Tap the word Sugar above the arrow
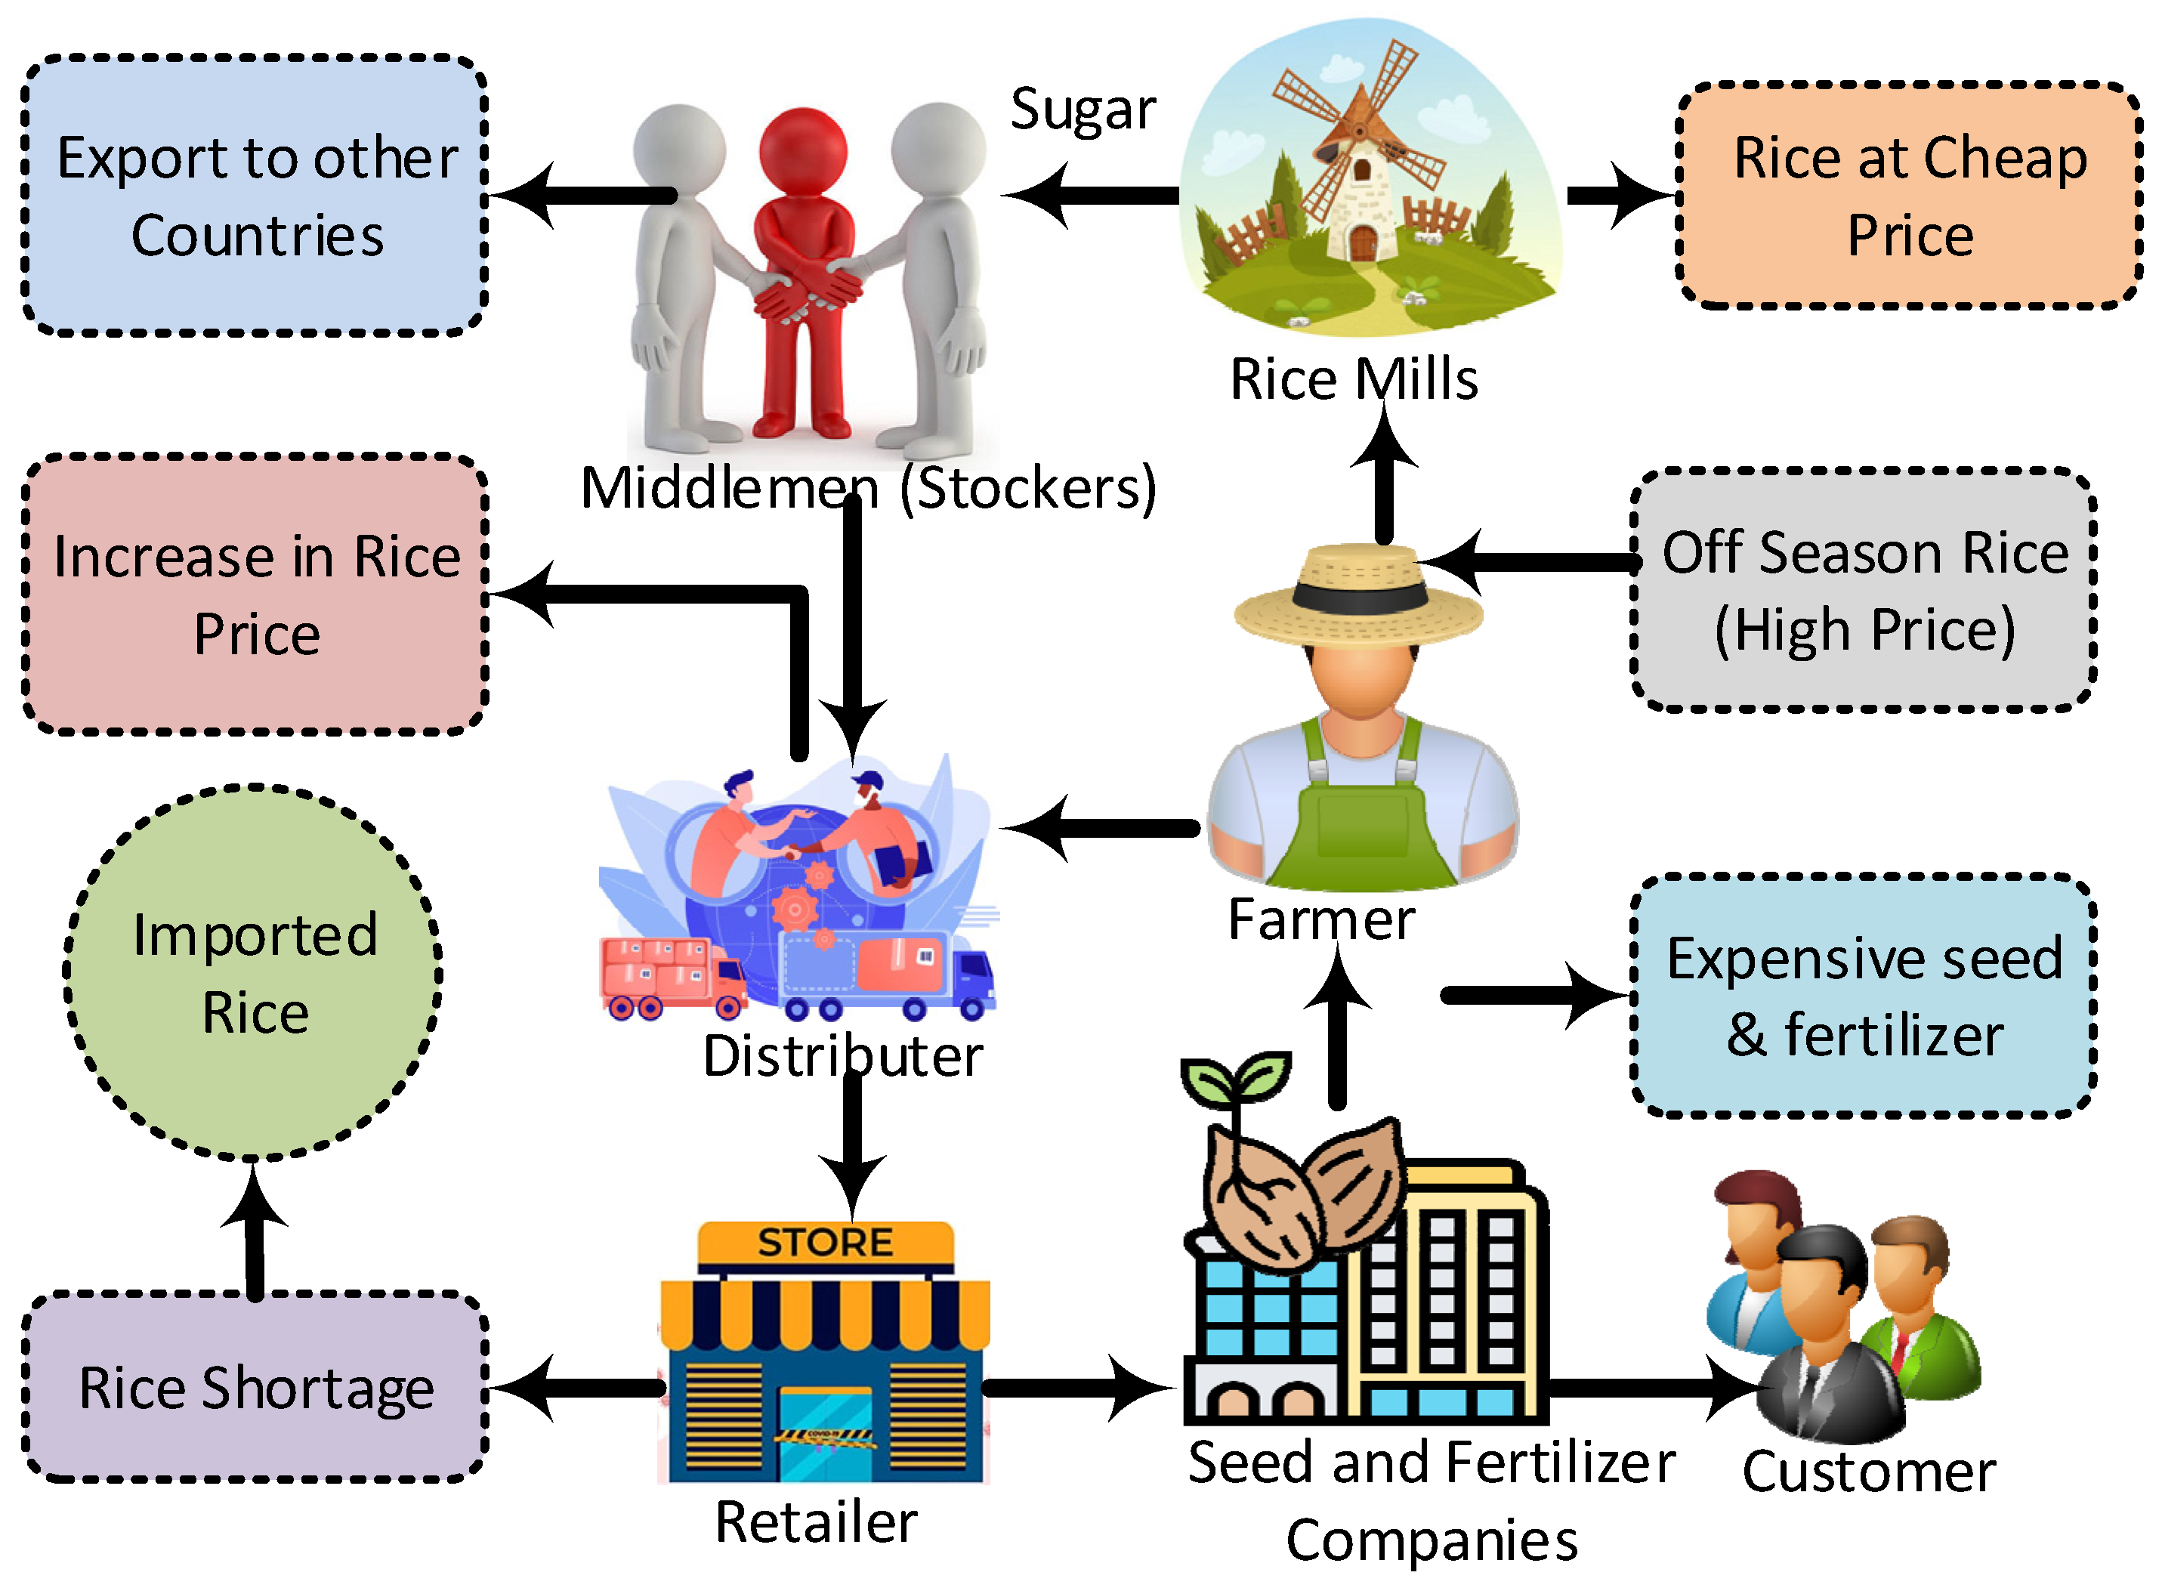(1083, 108)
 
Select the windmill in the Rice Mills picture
(1361, 164)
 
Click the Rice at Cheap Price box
(1908, 196)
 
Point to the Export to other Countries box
(255, 196)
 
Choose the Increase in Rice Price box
(255, 595)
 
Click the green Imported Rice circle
(253, 972)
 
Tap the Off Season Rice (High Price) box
(1862, 591)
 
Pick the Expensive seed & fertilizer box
(1862, 996)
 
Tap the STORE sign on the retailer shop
(825, 1243)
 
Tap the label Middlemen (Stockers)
(868, 487)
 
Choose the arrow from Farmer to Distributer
(1100, 828)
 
